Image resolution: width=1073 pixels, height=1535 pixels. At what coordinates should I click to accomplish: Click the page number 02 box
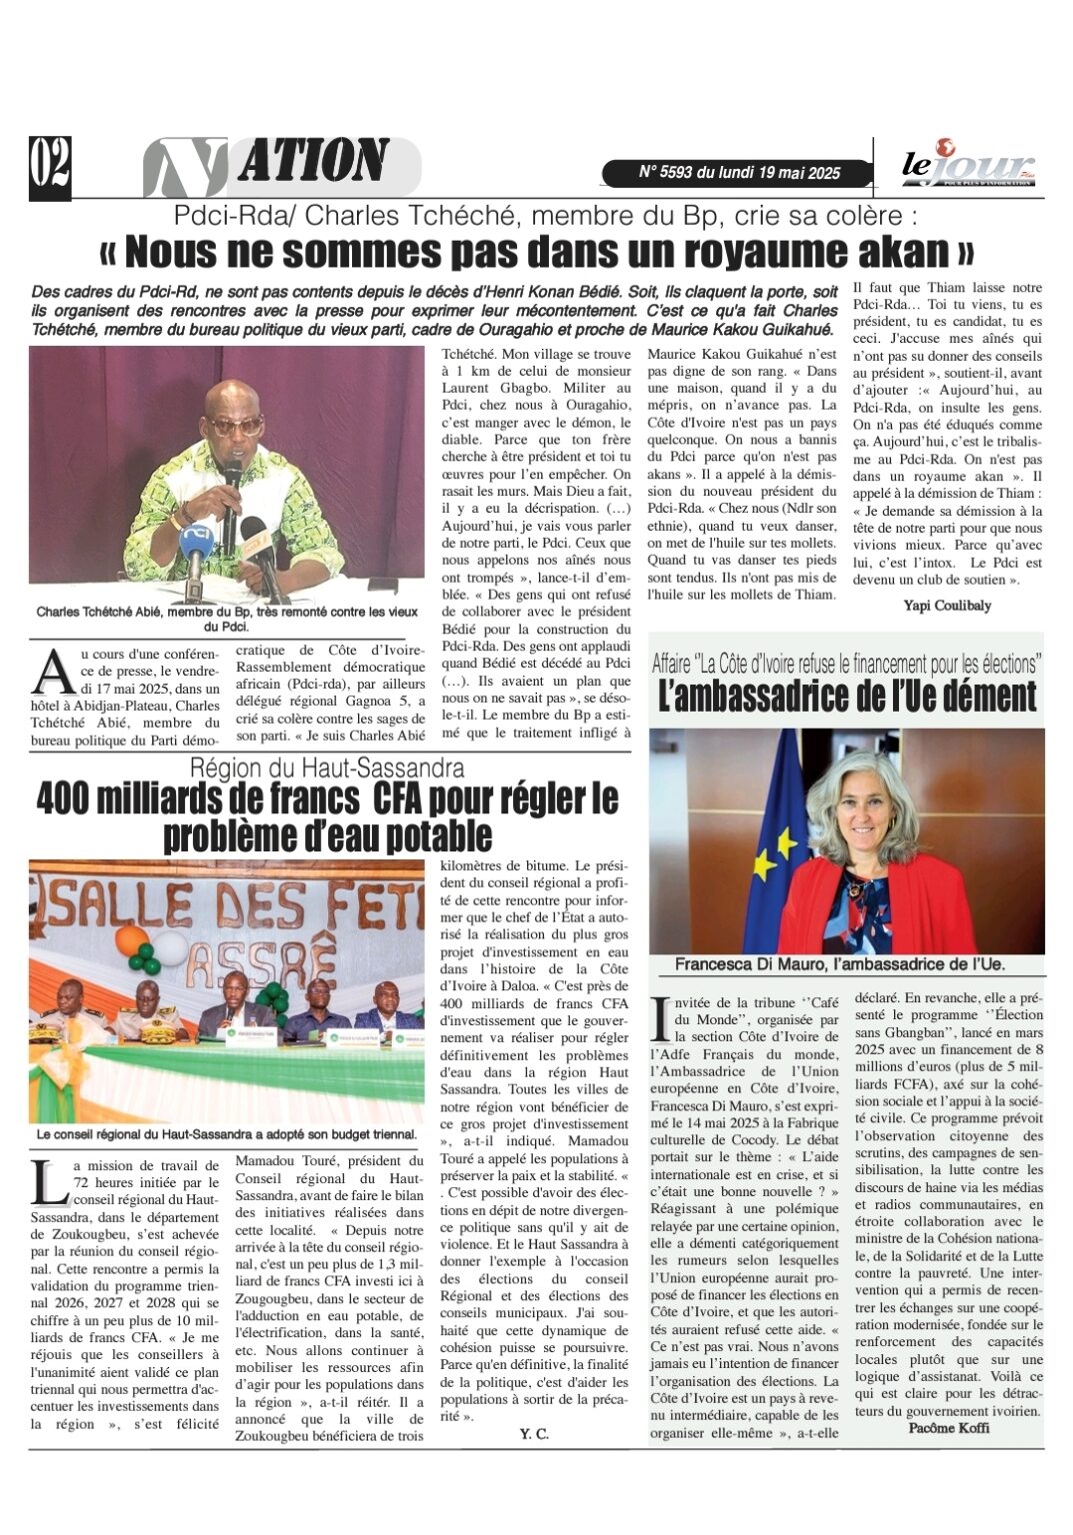[x=50, y=166]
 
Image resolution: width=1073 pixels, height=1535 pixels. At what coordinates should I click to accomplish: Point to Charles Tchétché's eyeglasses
[x=237, y=424]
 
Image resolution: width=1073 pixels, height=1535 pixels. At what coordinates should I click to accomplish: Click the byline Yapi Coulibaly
[x=946, y=605]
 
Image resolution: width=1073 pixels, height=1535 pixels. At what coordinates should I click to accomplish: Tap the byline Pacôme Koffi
[x=948, y=1428]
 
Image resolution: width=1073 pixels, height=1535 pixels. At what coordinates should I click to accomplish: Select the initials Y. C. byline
[x=534, y=1434]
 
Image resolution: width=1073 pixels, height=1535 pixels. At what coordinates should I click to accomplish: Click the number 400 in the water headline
[x=69, y=799]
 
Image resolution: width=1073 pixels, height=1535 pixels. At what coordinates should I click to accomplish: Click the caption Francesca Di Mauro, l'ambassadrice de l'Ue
[x=840, y=964]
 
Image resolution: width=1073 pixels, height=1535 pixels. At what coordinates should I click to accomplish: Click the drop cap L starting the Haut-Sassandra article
[x=45, y=1183]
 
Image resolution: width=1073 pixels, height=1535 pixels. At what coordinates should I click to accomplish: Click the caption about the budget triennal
[x=226, y=1134]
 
